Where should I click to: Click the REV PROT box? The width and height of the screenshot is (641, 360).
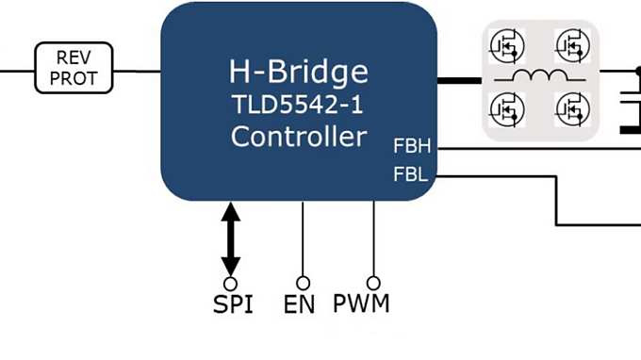[x=74, y=68]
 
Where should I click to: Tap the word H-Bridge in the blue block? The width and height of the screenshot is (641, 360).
[x=298, y=73]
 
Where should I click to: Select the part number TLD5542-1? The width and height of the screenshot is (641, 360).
[x=298, y=105]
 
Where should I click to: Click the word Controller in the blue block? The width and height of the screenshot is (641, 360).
[x=298, y=137]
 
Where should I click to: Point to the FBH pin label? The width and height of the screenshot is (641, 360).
[x=411, y=147]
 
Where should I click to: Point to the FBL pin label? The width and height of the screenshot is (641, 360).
[x=411, y=174]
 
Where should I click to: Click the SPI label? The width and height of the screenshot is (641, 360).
[x=231, y=304]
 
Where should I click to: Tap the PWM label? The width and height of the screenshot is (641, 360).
[x=361, y=303]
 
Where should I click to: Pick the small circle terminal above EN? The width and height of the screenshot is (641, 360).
[x=303, y=283]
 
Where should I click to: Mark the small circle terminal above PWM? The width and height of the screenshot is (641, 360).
[x=373, y=283]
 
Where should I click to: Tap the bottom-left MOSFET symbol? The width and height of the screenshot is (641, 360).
[x=507, y=111]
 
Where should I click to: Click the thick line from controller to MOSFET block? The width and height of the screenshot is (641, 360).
[x=460, y=80]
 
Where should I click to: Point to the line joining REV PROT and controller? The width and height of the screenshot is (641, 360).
[x=137, y=70]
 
